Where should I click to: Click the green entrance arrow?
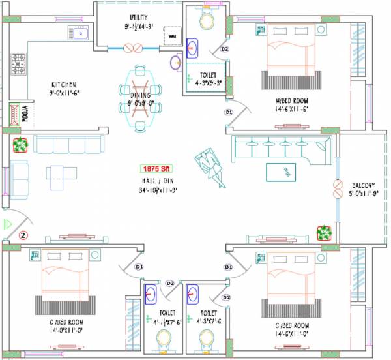(x=8, y=224)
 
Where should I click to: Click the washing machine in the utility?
(x=172, y=37)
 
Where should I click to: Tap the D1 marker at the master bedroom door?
(x=228, y=112)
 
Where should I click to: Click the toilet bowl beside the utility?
(x=207, y=22)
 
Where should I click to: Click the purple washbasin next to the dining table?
(x=175, y=63)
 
